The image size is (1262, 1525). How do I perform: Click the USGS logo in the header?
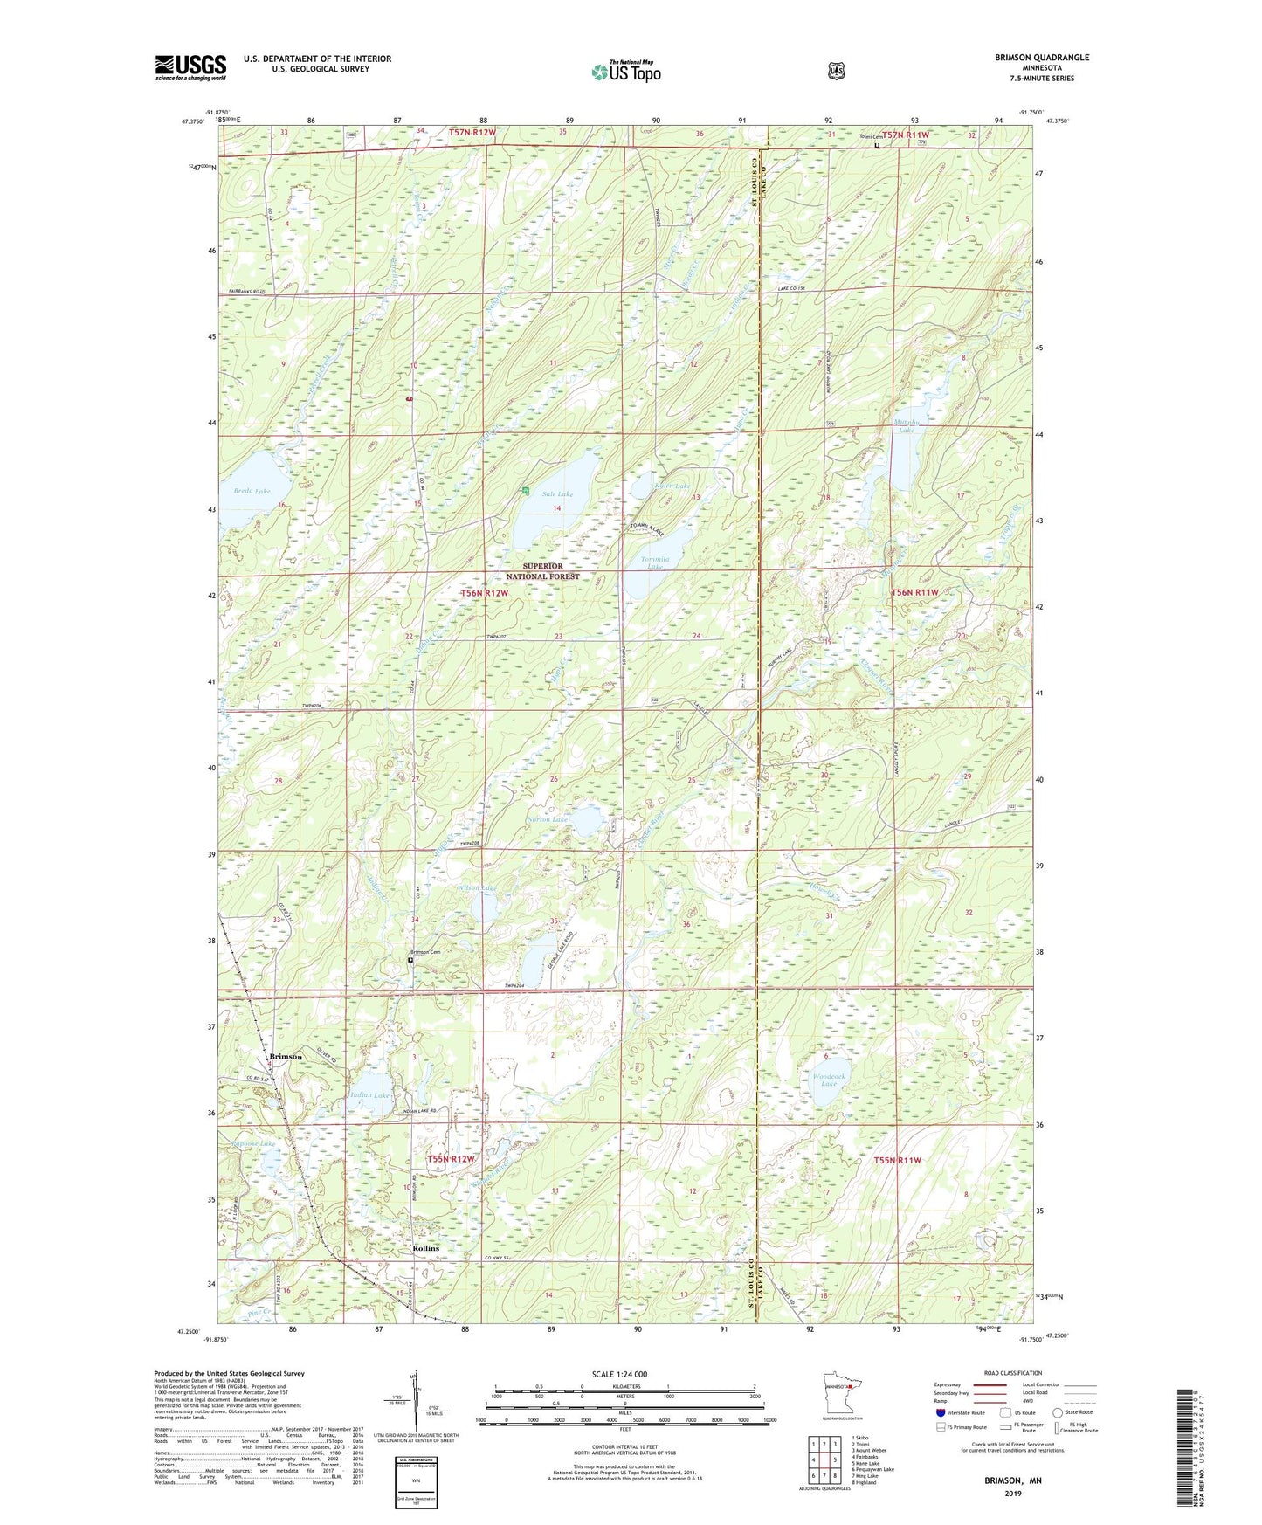pos(190,67)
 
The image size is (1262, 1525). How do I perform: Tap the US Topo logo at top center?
pos(625,72)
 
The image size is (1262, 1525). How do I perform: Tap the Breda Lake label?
pos(252,492)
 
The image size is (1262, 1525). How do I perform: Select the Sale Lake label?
pos(557,494)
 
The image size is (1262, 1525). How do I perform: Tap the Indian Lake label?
pos(369,1094)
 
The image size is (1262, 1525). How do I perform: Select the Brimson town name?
pos(286,1057)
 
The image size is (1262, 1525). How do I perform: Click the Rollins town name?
pos(425,1249)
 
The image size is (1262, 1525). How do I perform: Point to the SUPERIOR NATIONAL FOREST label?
pos(543,571)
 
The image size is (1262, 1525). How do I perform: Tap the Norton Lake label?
pos(548,819)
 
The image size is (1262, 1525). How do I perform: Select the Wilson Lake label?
pos(476,888)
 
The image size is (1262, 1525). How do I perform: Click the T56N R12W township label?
pos(484,593)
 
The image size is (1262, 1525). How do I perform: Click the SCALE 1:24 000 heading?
pos(619,1375)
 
